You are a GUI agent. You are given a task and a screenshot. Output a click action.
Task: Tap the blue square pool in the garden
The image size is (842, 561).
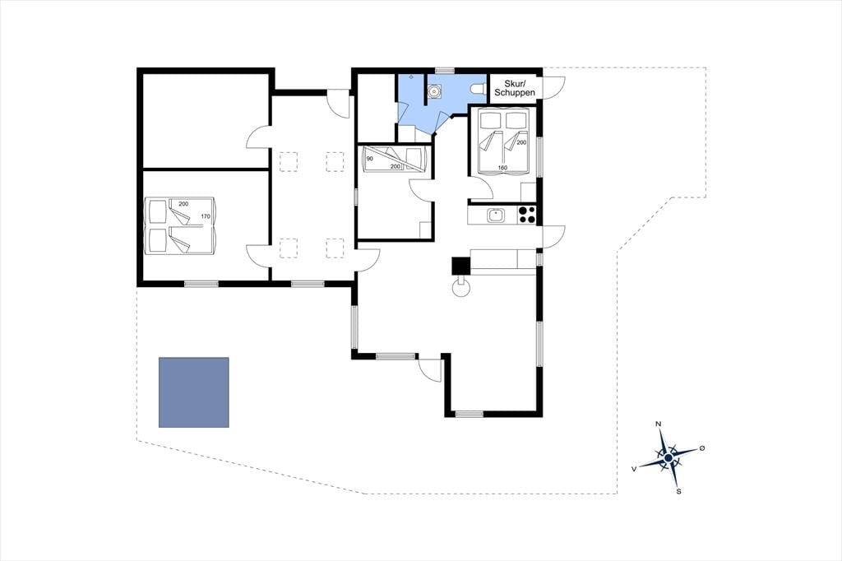click(x=194, y=392)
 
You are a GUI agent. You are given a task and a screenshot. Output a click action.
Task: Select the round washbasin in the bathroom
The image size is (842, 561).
click(x=434, y=92)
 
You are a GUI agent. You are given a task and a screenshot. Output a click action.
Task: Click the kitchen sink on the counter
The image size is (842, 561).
click(x=495, y=216)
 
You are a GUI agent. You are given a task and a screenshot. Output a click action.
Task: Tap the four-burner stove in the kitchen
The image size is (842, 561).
click(x=527, y=216)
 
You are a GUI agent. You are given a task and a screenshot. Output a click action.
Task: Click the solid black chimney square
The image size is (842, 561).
click(x=460, y=266)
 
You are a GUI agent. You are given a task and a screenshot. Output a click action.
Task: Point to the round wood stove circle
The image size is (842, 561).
click(x=460, y=288)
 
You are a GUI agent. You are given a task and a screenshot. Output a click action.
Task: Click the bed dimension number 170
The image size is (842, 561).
click(x=206, y=216)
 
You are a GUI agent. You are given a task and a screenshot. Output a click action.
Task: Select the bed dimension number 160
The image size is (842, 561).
click(x=502, y=168)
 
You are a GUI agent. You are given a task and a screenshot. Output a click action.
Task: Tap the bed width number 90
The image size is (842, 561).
click(x=369, y=159)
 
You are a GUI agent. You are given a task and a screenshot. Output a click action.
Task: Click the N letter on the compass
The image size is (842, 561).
click(x=659, y=424)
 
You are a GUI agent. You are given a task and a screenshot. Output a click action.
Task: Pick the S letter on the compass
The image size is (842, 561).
click(x=678, y=491)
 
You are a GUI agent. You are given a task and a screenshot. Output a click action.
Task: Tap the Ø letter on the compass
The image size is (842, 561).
click(x=701, y=447)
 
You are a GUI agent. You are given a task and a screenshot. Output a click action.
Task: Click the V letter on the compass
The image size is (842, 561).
click(x=634, y=469)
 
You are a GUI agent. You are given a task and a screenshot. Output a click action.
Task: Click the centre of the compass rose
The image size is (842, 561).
click(x=668, y=458)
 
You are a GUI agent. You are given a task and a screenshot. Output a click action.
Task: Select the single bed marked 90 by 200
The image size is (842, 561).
click(x=395, y=159)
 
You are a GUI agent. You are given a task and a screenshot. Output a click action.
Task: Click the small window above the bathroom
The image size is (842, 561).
click(x=444, y=71)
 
